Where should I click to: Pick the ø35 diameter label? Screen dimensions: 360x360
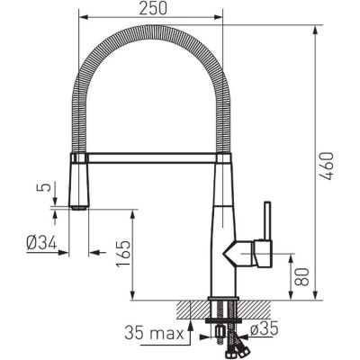tap(265, 329)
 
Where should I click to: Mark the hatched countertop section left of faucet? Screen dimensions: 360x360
tap(192, 309)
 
